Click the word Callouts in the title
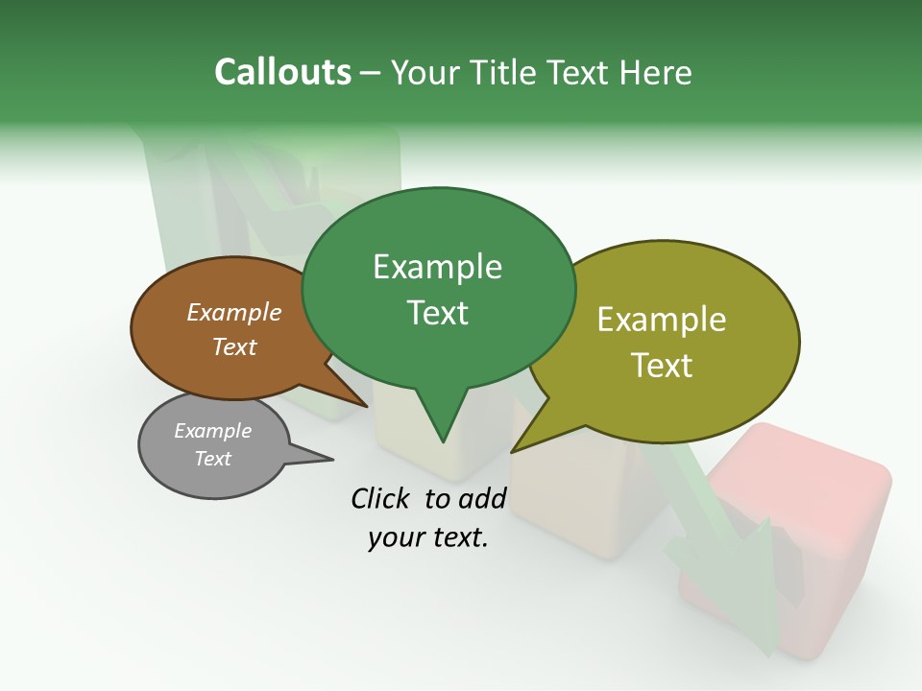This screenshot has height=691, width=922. (x=282, y=72)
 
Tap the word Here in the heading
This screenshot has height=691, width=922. (x=658, y=72)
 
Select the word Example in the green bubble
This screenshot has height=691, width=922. (x=437, y=267)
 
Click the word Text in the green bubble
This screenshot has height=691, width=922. (x=437, y=313)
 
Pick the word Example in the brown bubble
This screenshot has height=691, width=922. (x=234, y=312)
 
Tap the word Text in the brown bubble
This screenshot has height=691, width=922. (x=234, y=346)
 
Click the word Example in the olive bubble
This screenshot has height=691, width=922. (x=662, y=320)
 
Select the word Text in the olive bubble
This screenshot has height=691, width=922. (x=662, y=366)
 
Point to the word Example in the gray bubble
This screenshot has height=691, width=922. (x=212, y=431)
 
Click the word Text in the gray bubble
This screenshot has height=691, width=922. (x=212, y=459)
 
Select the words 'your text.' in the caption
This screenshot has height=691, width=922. (x=428, y=538)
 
